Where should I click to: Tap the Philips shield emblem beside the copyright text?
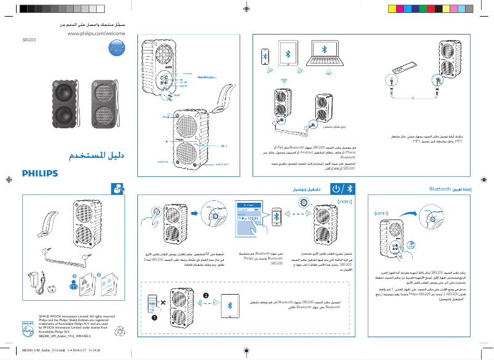pos(28,324)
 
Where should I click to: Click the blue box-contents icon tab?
pos(117,189)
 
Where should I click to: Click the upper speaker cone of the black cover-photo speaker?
pos(62,94)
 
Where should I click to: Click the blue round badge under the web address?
pos(117,49)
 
